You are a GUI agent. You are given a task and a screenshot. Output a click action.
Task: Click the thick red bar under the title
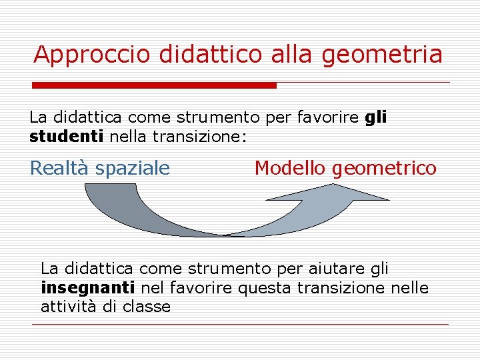(x=155, y=85)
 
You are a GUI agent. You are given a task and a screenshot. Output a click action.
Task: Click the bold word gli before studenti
(x=376, y=118)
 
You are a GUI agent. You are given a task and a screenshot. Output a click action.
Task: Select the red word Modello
(x=291, y=168)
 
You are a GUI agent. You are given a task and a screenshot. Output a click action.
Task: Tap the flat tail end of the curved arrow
(x=109, y=187)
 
